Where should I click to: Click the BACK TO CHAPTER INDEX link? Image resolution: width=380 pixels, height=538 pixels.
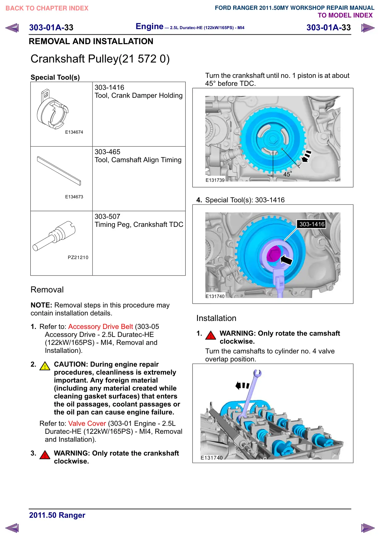[47, 8]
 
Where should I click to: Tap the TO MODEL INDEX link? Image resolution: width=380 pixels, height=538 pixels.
[345, 15]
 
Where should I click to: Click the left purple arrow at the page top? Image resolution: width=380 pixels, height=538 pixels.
[12, 28]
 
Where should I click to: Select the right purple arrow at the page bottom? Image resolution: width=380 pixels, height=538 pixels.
[368, 528]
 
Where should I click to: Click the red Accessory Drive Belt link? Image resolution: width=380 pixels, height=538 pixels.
[101, 326]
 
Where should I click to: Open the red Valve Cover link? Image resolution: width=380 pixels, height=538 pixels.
[87, 423]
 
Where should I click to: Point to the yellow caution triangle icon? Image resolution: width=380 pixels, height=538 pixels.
[45, 366]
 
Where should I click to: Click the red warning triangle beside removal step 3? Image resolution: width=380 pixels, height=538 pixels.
[45, 455]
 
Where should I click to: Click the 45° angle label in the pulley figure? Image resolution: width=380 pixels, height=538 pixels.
[287, 174]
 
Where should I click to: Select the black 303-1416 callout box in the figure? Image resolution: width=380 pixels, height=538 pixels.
[312, 224]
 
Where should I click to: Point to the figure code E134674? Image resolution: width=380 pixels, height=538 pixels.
[74, 132]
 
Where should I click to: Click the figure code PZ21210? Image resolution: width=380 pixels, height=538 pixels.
[78, 258]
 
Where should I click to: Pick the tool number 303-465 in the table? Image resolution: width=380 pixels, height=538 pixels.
[107, 152]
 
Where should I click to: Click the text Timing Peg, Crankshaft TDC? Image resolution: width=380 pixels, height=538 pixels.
[139, 224]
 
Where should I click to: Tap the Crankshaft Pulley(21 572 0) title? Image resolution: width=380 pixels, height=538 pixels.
[100, 59]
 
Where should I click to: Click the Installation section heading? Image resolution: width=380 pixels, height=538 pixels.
[216, 318]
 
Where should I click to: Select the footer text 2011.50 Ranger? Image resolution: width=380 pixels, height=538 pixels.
[57, 515]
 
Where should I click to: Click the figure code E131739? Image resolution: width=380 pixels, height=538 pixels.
[215, 180]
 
